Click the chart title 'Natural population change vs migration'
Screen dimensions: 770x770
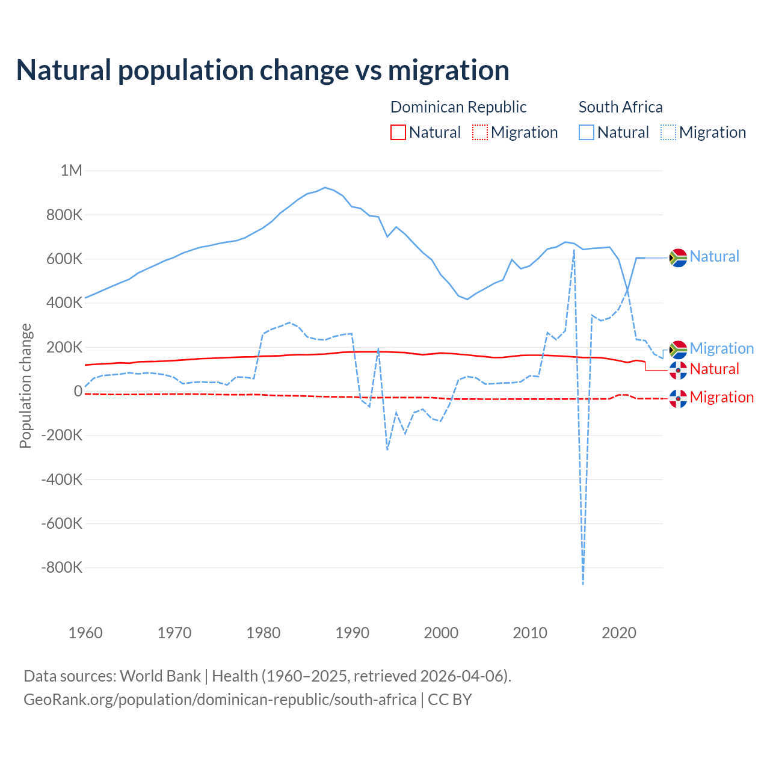coord(263,70)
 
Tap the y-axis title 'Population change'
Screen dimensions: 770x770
coord(25,386)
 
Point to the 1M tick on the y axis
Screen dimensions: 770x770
coord(72,170)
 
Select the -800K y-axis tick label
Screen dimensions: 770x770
coord(61,567)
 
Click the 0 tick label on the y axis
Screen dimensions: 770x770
coord(78,391)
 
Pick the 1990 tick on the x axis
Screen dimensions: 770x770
coord(353,633)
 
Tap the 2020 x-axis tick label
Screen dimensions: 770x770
coord(619,633)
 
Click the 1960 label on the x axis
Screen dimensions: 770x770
coord(85,633)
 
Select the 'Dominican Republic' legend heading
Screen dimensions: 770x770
coord(458,107)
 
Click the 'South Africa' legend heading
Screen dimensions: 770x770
coord(620,107)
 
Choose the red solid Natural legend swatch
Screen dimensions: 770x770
coord(398,132)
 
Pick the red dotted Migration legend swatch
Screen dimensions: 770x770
coord(480,132)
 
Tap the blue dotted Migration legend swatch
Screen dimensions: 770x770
coord(668,132)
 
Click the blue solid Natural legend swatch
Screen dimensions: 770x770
coord(587,132)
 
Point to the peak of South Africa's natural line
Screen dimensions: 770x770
coord(325,187)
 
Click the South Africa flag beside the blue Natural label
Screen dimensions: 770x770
coord(678,257)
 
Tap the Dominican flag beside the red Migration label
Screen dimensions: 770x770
coord(678,398)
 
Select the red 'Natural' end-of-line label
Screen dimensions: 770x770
coord(714,369)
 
